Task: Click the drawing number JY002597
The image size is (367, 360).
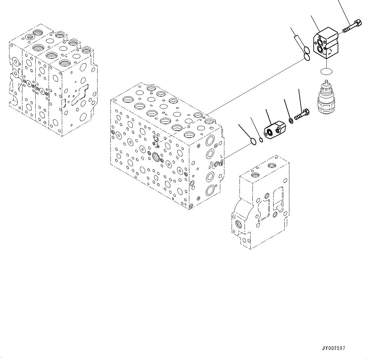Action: tap(334, 348)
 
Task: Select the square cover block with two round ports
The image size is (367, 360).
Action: tap(326, 43)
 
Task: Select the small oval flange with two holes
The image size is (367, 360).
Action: tap(274, 130)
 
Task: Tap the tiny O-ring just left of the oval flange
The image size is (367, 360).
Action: tap(261, 140)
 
